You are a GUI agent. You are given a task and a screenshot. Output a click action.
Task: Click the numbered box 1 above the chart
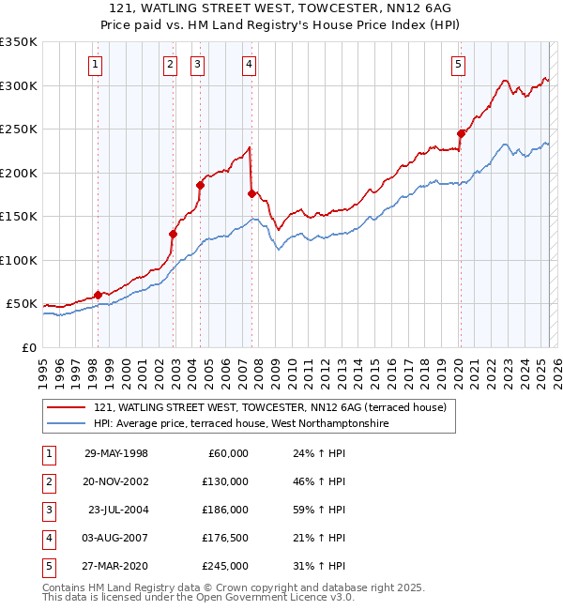[x=97, y=65]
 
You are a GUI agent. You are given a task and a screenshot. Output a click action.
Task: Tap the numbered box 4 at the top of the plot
[x=249, y=65]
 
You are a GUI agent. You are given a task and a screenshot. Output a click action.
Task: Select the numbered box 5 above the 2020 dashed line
[x=458, y=65]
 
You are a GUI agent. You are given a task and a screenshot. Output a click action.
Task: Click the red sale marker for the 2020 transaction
[x=461, y=133]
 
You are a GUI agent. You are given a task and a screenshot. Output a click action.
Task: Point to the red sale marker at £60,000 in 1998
[x=98, y=295]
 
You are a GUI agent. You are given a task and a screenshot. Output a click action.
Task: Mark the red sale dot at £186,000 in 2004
[x=200, y=185]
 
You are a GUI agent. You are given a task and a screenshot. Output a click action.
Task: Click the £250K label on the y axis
[x=19, y=130]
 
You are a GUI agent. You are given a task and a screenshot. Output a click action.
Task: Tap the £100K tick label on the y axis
[x=19, y=260]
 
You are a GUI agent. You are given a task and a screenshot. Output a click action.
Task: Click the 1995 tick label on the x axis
[x=43, y=367]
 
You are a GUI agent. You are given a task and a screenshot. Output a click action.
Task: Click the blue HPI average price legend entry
[x=241, y=424]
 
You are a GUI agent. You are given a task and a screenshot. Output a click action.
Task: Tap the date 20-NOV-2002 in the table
[x=116, y=480]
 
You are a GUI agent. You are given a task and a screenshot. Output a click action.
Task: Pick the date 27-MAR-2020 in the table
[x=116, y=566]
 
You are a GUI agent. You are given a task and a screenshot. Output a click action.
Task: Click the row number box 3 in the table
[x=48, y=510]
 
